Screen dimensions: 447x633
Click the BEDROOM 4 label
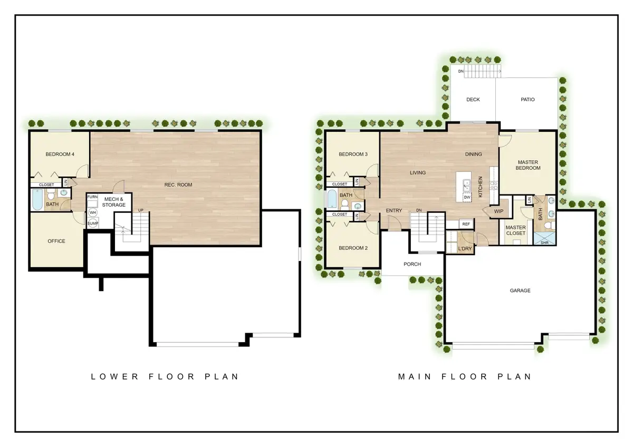60,154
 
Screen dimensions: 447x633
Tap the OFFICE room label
56,241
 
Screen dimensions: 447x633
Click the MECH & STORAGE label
114,202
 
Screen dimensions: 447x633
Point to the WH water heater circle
93,212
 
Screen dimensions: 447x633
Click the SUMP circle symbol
93,224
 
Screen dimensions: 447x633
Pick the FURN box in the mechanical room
92,197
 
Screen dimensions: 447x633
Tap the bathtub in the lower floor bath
37,200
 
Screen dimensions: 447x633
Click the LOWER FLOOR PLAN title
165,376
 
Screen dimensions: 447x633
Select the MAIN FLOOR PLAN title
464,376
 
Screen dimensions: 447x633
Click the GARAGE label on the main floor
520,290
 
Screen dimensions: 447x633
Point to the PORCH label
413,264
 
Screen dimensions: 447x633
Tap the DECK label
473,100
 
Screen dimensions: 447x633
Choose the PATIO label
527,100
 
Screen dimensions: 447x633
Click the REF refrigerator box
466,224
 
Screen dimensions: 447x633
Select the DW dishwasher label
467,197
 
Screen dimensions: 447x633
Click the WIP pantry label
498,211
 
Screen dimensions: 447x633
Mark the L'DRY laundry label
465,248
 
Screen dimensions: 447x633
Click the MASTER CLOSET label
515,230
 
